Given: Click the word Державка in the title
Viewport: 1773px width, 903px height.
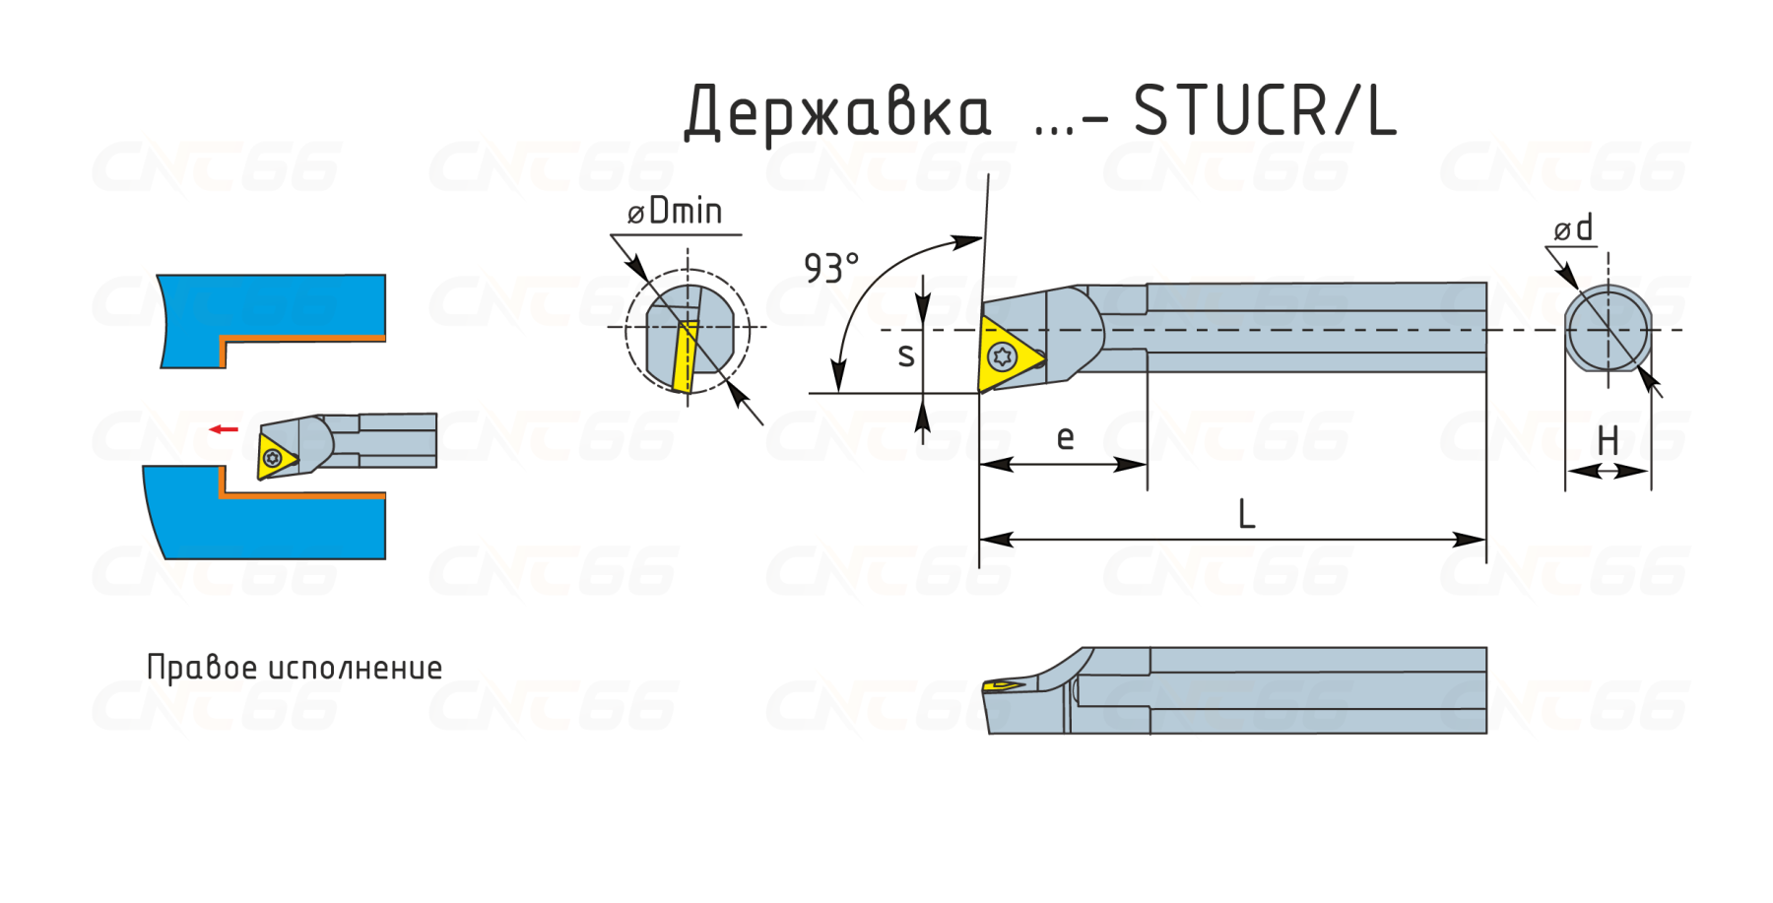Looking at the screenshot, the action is pyautogui.click(x=837, y=112).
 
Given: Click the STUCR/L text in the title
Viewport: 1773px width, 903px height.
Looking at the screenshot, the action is pyautogui.click(x=1266, y=110).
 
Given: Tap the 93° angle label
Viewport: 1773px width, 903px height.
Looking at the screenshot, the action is pyautogui.click(x=831, y=268).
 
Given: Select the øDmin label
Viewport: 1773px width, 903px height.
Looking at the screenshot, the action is pyautogui.click(x=676, y=211).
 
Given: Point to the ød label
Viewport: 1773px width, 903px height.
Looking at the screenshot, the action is pyautogui.click(x=1573, y=228).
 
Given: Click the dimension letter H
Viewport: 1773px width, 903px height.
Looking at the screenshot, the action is pyautogui.click(x=1608, y=440).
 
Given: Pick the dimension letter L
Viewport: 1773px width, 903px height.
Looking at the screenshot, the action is pyautogui.click(x=1246, y=514).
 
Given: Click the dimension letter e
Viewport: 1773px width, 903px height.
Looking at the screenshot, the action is pyautogui.click(x=1065, y=438).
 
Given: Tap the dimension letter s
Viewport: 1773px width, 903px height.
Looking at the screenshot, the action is pyautogui.click(x=906, y=355).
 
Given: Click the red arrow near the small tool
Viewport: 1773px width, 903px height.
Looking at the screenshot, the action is pyautogui.click(x=224, y=429).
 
